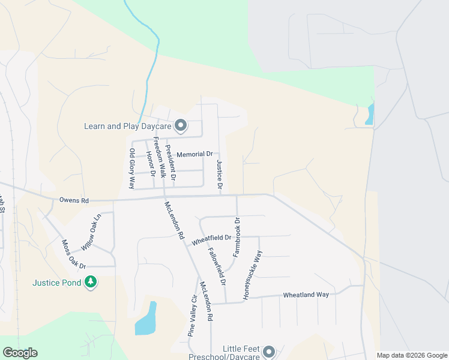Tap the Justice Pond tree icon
91,281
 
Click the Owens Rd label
74,200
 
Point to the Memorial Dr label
194,154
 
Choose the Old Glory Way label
132,169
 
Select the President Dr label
171,163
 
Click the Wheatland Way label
306,295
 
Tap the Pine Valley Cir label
193,316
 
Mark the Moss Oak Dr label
74,254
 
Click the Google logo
20,353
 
